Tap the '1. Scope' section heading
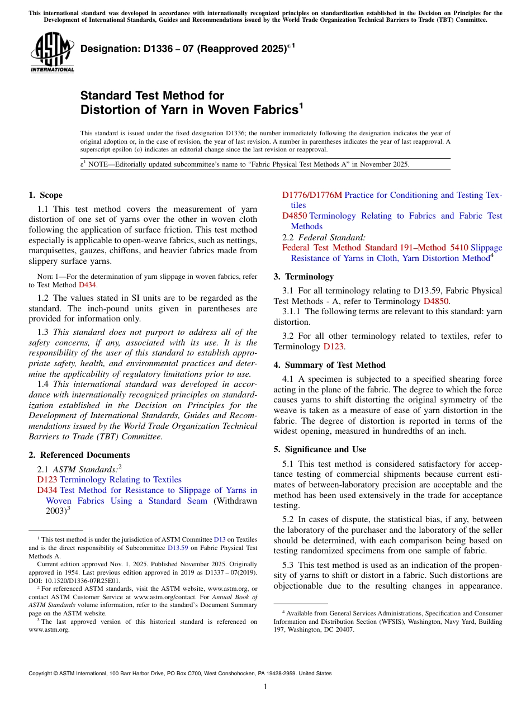(x=45, y=195)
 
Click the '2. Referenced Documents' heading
(x=79, y=455)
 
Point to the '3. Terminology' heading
(x=304, y=277)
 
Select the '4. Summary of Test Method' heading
(x=329, y=365)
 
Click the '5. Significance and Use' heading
(x=320, y=449)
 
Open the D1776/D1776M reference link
(x=312, y=195)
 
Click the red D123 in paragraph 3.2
(x=334, y=347)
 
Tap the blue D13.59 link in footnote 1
(x=178, y=548)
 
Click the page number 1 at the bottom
(x=265, y=686)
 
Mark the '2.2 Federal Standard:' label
(x=324, y=237)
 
